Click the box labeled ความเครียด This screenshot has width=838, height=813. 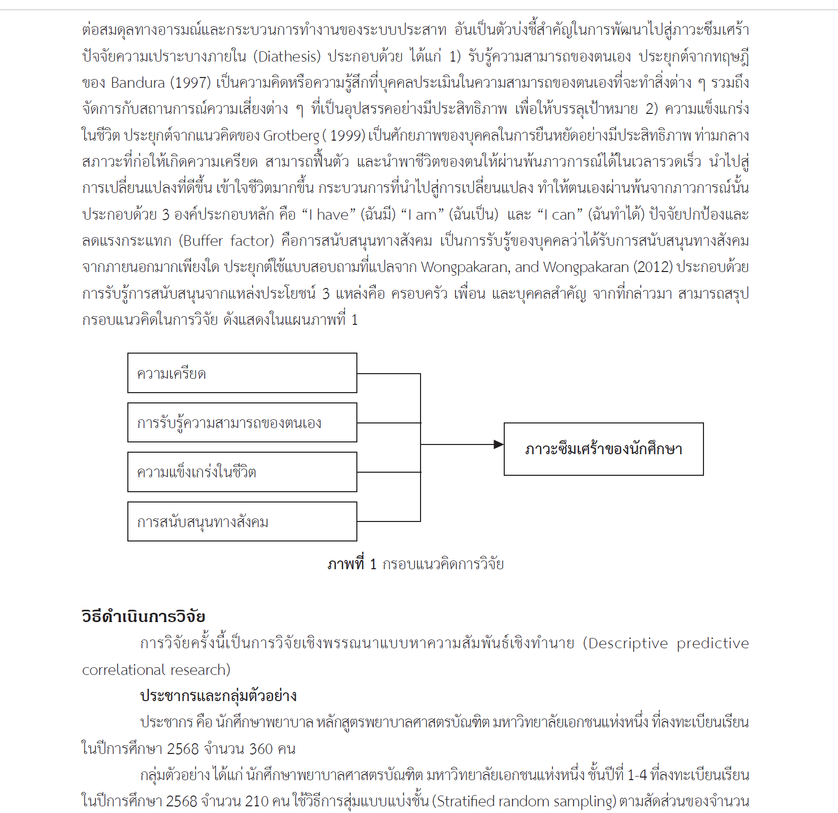[x=242, y=373]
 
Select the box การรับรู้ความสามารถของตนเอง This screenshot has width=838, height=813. [x=242, y=422]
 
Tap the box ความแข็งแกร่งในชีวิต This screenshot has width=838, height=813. [x=242, y=472]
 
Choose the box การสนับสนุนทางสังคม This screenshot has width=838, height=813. [x=242, y=521]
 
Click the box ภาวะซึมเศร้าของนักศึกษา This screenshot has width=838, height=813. [x=603, y=449]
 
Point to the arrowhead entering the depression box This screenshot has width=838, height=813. [x=499, y=444]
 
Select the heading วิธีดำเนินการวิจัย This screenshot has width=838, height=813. [x=143, y=616]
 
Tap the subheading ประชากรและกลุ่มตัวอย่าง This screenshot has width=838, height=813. [x=218, y=696]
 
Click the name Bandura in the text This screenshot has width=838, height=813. [x=138, y=83]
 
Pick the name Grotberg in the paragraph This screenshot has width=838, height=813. [x=291, y=135]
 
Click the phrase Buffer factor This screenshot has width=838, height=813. [x=228, y=241]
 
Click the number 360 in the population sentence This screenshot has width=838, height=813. [x=261, y=749]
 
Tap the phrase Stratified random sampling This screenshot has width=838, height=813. [x=524, y=801]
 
